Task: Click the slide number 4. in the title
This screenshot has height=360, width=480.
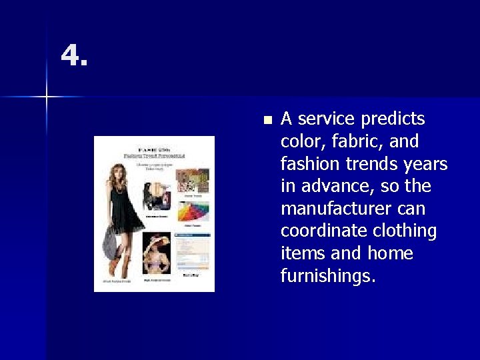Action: point(74,56)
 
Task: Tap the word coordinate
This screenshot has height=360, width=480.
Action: point(322,231)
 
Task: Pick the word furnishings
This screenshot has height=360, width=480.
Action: point(329,276)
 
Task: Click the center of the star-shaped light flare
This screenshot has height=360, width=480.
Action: point(47,97)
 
